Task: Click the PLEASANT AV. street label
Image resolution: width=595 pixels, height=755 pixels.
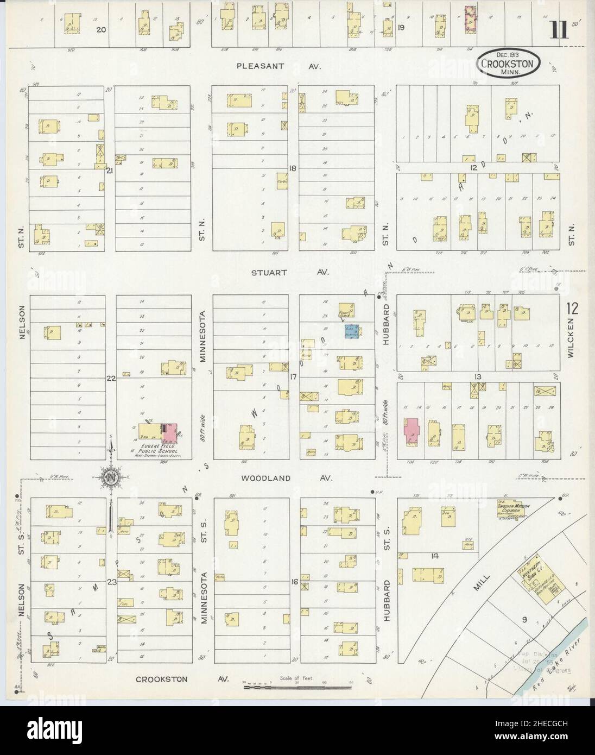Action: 279,66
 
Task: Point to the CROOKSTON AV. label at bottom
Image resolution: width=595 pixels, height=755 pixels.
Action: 183,679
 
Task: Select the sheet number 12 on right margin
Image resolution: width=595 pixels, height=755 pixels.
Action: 572,309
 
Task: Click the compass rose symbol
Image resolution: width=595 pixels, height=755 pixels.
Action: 111,477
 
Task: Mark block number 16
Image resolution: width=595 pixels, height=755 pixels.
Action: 294,582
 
